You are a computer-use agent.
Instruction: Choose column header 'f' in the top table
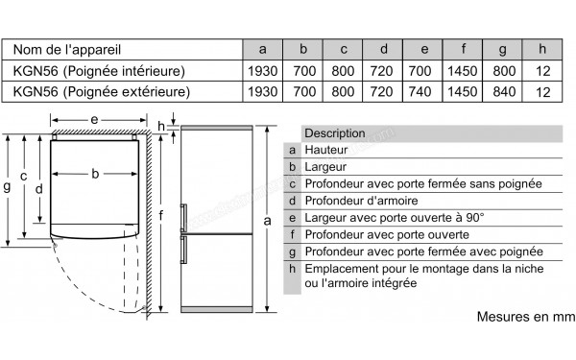[463, 48]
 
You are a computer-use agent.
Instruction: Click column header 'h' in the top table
[543, 48]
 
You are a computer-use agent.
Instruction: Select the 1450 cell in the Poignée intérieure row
[463, 70]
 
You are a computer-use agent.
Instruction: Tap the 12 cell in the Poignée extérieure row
[543, 92]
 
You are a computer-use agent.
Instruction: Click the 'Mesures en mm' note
[523, 316]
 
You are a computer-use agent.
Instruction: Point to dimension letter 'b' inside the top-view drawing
[95, 174]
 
